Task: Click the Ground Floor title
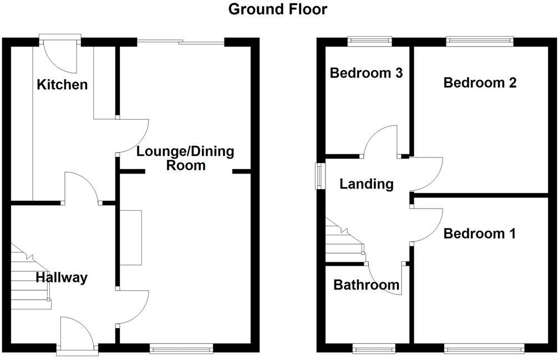[x=278, y=9]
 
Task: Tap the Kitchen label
[x=62, y=85]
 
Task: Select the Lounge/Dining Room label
[x=186, y=158]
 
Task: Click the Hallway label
[x=62, y=277]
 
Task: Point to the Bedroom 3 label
[x=365, y=73]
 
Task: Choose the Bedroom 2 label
[x=480, y=83]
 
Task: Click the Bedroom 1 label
[x=480, y=234]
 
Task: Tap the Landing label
[x=367, y=184]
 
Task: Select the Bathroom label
[x=366, y=285]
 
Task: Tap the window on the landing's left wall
[x=320, y=176]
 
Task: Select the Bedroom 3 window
[x=369, y=40]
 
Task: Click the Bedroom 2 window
[x=479, y=40]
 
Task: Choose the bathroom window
[x=374, y=348]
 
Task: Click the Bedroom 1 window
[x=484, y=348]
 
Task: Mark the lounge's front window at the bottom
[x=181, y=348]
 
